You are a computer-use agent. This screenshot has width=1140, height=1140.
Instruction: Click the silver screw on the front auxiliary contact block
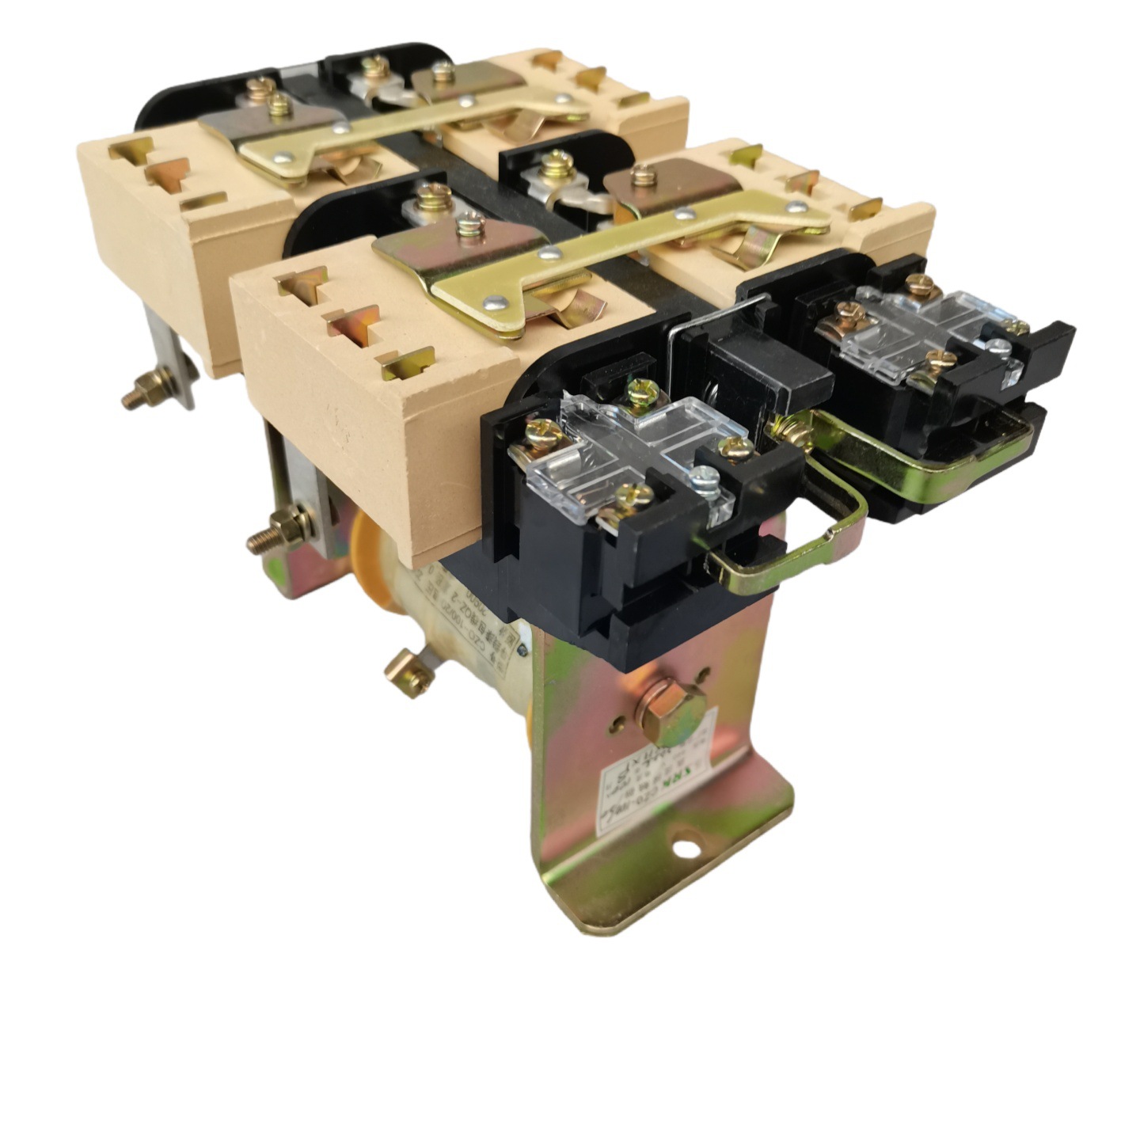704,479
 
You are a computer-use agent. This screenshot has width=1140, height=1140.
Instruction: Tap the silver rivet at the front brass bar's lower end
496,302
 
